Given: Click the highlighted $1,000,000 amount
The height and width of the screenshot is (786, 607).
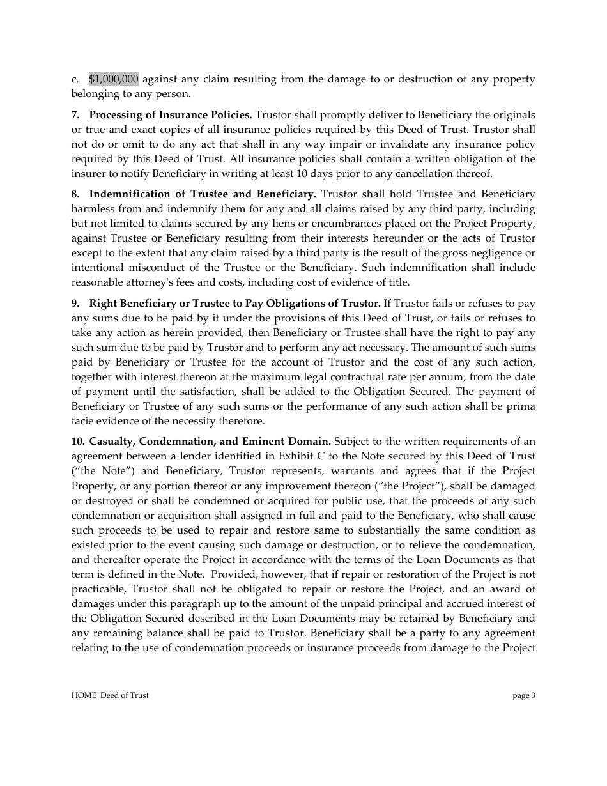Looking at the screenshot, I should pyautogui.click(x=114, y=79).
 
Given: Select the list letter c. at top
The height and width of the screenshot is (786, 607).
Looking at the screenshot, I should pyautogui.click(x=75, y=79).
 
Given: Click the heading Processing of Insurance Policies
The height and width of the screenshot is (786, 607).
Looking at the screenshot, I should pyautogui.click(x=171, y=115).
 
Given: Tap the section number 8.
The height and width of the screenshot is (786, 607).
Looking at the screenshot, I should pyautogui.click(x=75, y=194).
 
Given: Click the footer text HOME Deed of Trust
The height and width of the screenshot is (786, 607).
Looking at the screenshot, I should pyautogui.click(x=110, y=695).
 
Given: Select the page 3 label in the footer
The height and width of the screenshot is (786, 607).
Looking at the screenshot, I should pyautogui.click(x=524, y=695).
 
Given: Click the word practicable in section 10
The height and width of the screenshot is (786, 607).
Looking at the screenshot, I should pyautogui.click(x=100, y=589).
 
